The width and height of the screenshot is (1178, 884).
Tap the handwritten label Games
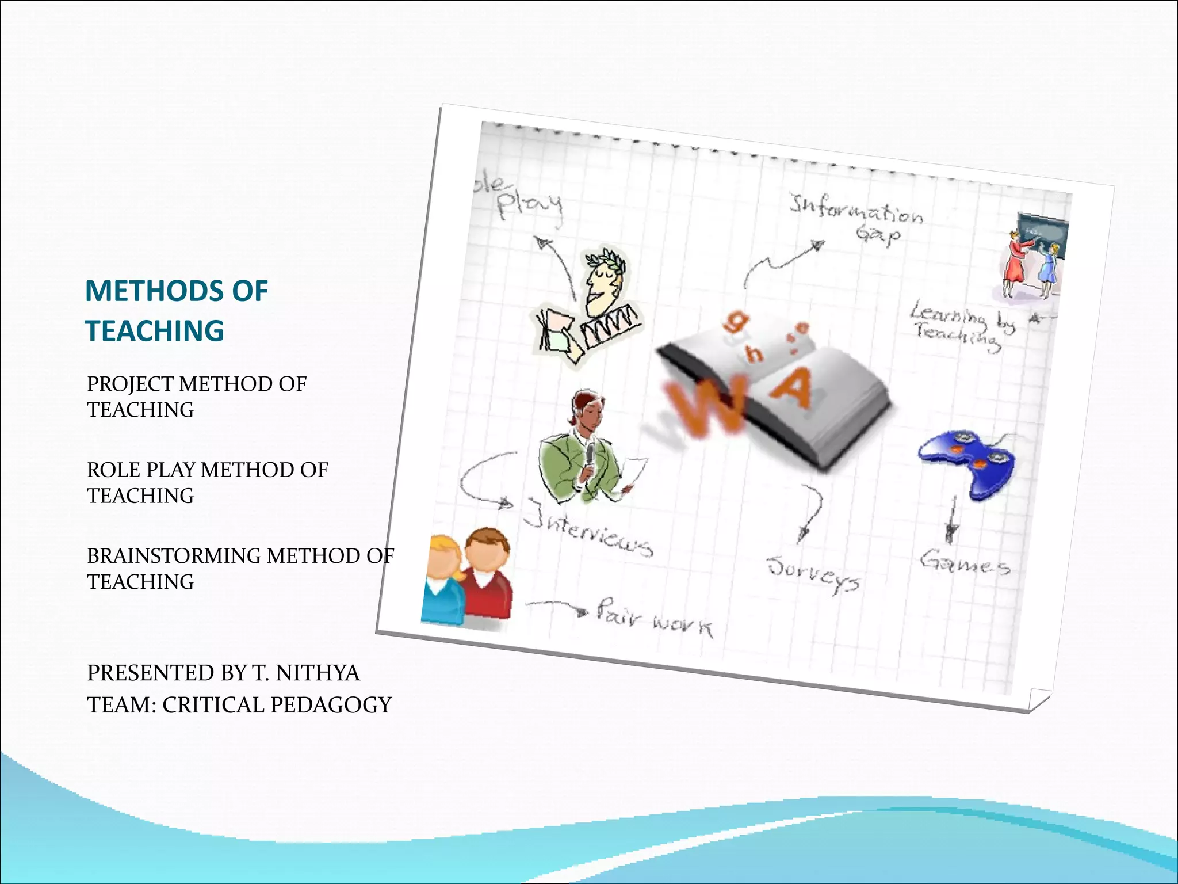click(x=965, y=562)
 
